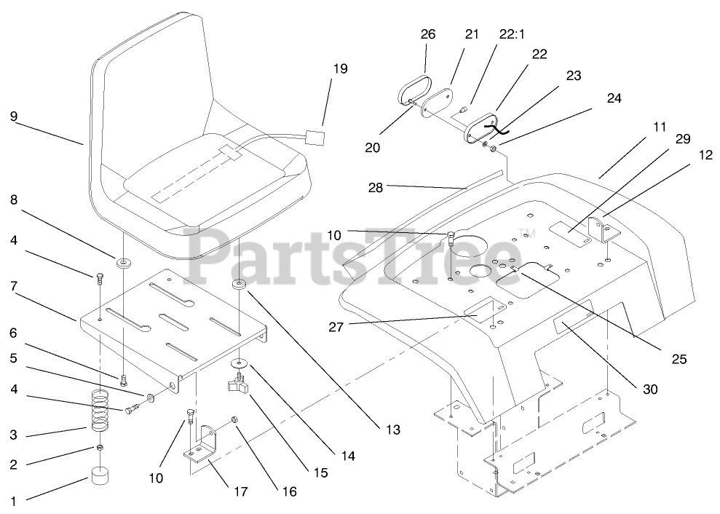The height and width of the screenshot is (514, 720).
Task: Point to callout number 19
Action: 341,69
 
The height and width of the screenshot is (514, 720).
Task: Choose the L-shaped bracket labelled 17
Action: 202,446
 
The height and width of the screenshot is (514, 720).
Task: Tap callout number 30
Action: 650,390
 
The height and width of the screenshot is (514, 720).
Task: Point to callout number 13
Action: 393,430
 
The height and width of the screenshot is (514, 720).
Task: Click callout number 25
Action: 679,358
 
